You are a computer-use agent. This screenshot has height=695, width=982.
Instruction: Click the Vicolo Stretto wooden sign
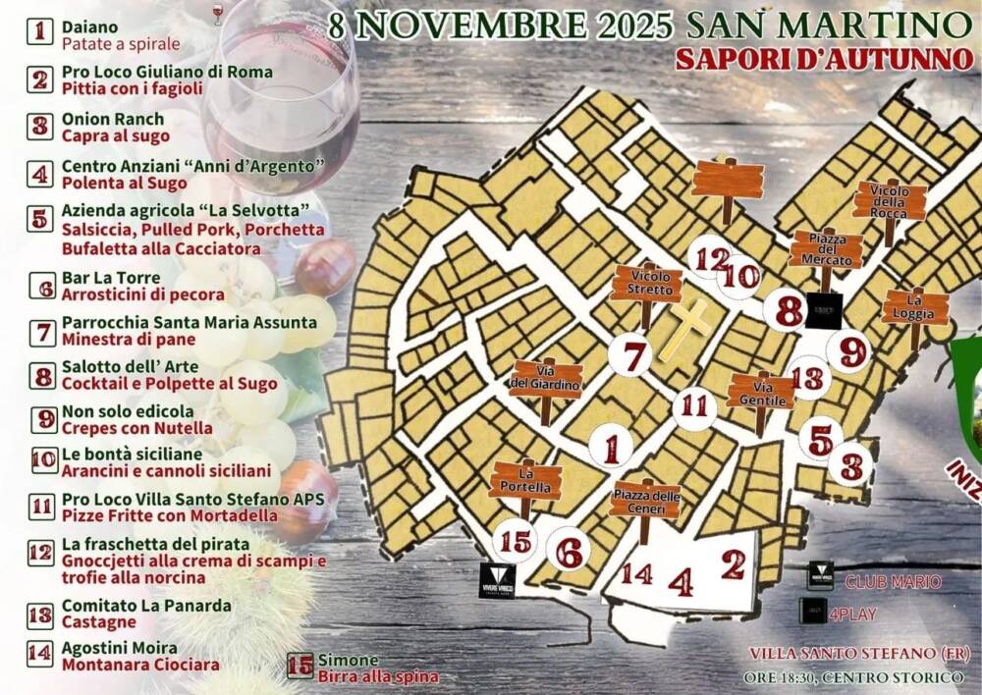click(x=646, y=283)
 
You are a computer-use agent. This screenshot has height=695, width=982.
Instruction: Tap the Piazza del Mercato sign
click(x=827, y=249)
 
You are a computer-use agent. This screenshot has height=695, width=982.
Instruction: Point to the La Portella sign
click(x=525, y=481)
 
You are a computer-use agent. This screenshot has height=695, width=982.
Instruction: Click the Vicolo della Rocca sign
click(x=890, y=200)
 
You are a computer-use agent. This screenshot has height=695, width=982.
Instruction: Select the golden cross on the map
click(x=690, y=329)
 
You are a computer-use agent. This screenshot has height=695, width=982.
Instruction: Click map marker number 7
click(x=632, y=354)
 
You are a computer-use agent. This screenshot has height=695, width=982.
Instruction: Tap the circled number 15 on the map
click(x=516, y=542)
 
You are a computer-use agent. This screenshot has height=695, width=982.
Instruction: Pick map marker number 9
click(x=851, y=351)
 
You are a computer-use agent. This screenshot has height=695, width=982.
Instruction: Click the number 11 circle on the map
click(x=695, y=404)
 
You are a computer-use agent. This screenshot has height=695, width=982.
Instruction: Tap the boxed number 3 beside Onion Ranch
click(x=40, y=127)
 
